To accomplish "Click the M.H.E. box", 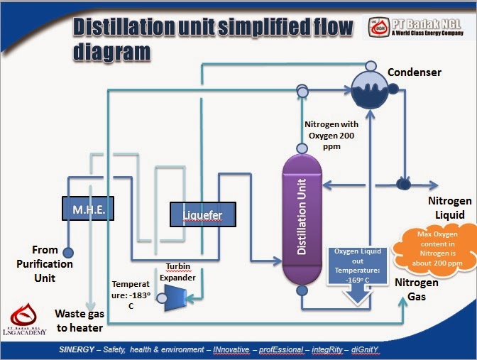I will (88, 209).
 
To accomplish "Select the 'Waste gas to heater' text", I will (79, 320).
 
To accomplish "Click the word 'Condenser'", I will (414, 72).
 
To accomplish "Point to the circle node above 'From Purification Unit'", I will (68, 253).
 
